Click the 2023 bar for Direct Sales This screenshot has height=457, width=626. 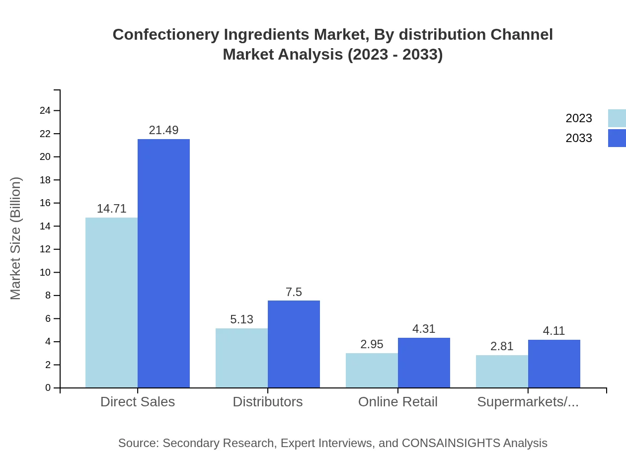coord(111,303)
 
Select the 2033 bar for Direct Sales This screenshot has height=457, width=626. coord(163,263)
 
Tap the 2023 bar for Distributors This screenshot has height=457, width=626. coord(241,358)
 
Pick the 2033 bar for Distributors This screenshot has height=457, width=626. coord(294,344)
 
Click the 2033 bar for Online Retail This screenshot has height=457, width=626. coord(424,363)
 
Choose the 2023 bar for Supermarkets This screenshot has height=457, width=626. coord(502,371)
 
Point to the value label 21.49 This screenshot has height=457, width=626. coord(163,130)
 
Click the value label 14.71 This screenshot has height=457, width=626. coord(111,209)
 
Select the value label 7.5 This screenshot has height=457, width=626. coord(294,292)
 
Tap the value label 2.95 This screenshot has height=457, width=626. coord(372,344)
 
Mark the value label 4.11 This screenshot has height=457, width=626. coord(554,331)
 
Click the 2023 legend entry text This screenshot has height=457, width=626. coord(579,118)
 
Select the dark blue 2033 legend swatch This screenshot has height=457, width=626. coord(617,138)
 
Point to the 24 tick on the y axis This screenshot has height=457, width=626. coord(45,111)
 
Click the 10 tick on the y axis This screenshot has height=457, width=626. coord(45,273)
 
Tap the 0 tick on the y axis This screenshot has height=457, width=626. coord(48,388)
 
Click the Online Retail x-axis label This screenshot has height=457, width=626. coord(398,402)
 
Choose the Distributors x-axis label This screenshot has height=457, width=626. coord(268,402)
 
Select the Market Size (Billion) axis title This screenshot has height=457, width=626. coord(16,238)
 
